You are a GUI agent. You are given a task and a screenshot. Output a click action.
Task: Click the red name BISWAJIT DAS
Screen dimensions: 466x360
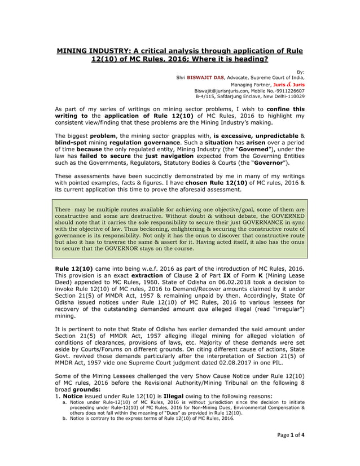click(x=207, y=77)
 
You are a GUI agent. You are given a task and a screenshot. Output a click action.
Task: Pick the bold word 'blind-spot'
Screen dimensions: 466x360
click(x=74, y=144)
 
